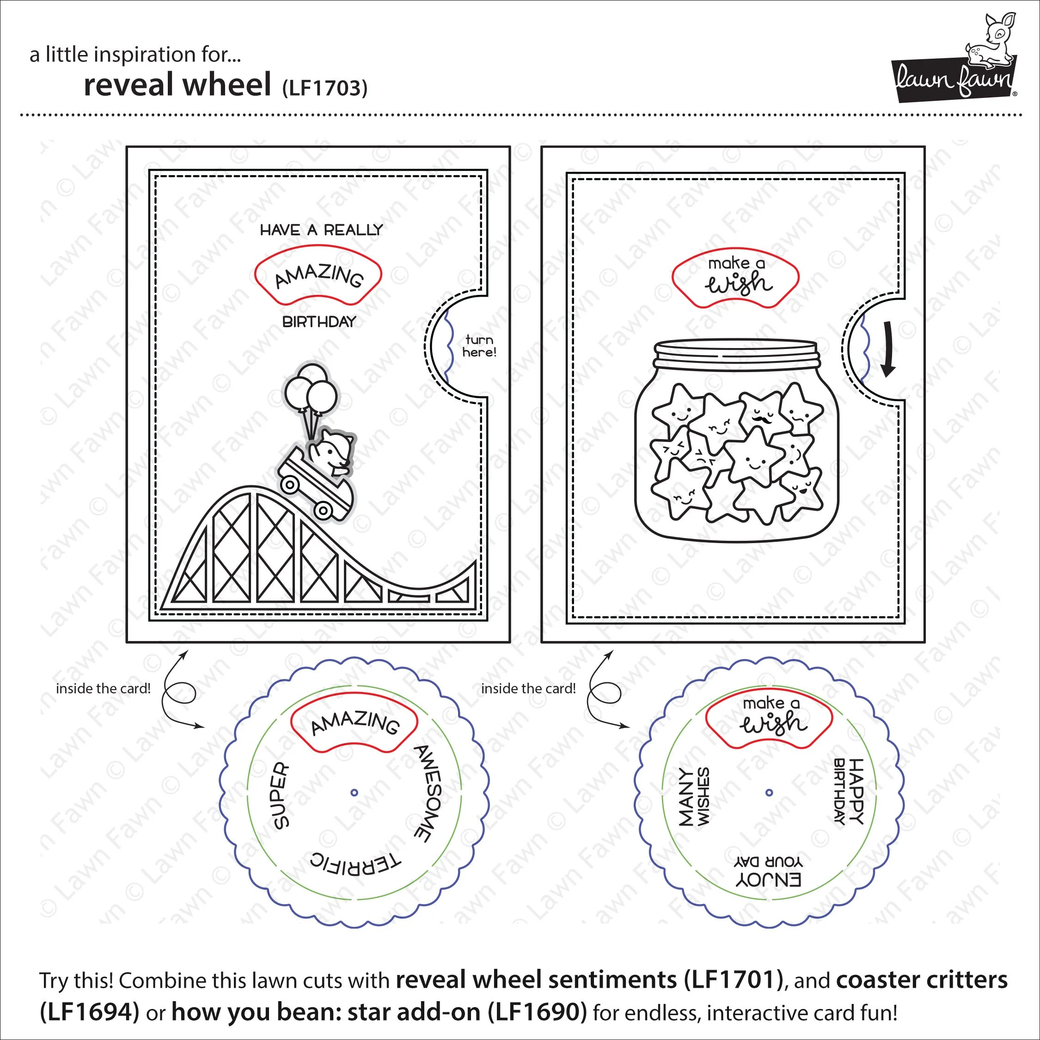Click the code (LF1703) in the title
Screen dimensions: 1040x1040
tap(324, 88)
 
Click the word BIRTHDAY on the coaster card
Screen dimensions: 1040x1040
tap(319, 322)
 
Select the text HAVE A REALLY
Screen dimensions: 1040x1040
tap(321, 230)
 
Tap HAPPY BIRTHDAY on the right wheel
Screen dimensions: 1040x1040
tap(849, 791)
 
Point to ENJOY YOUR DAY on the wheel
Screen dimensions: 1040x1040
tap(769, 872)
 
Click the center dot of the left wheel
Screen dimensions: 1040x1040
tap(354, 792)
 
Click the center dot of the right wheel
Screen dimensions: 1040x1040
tap(769, 792)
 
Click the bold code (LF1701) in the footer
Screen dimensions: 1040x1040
tap(734, 980)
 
